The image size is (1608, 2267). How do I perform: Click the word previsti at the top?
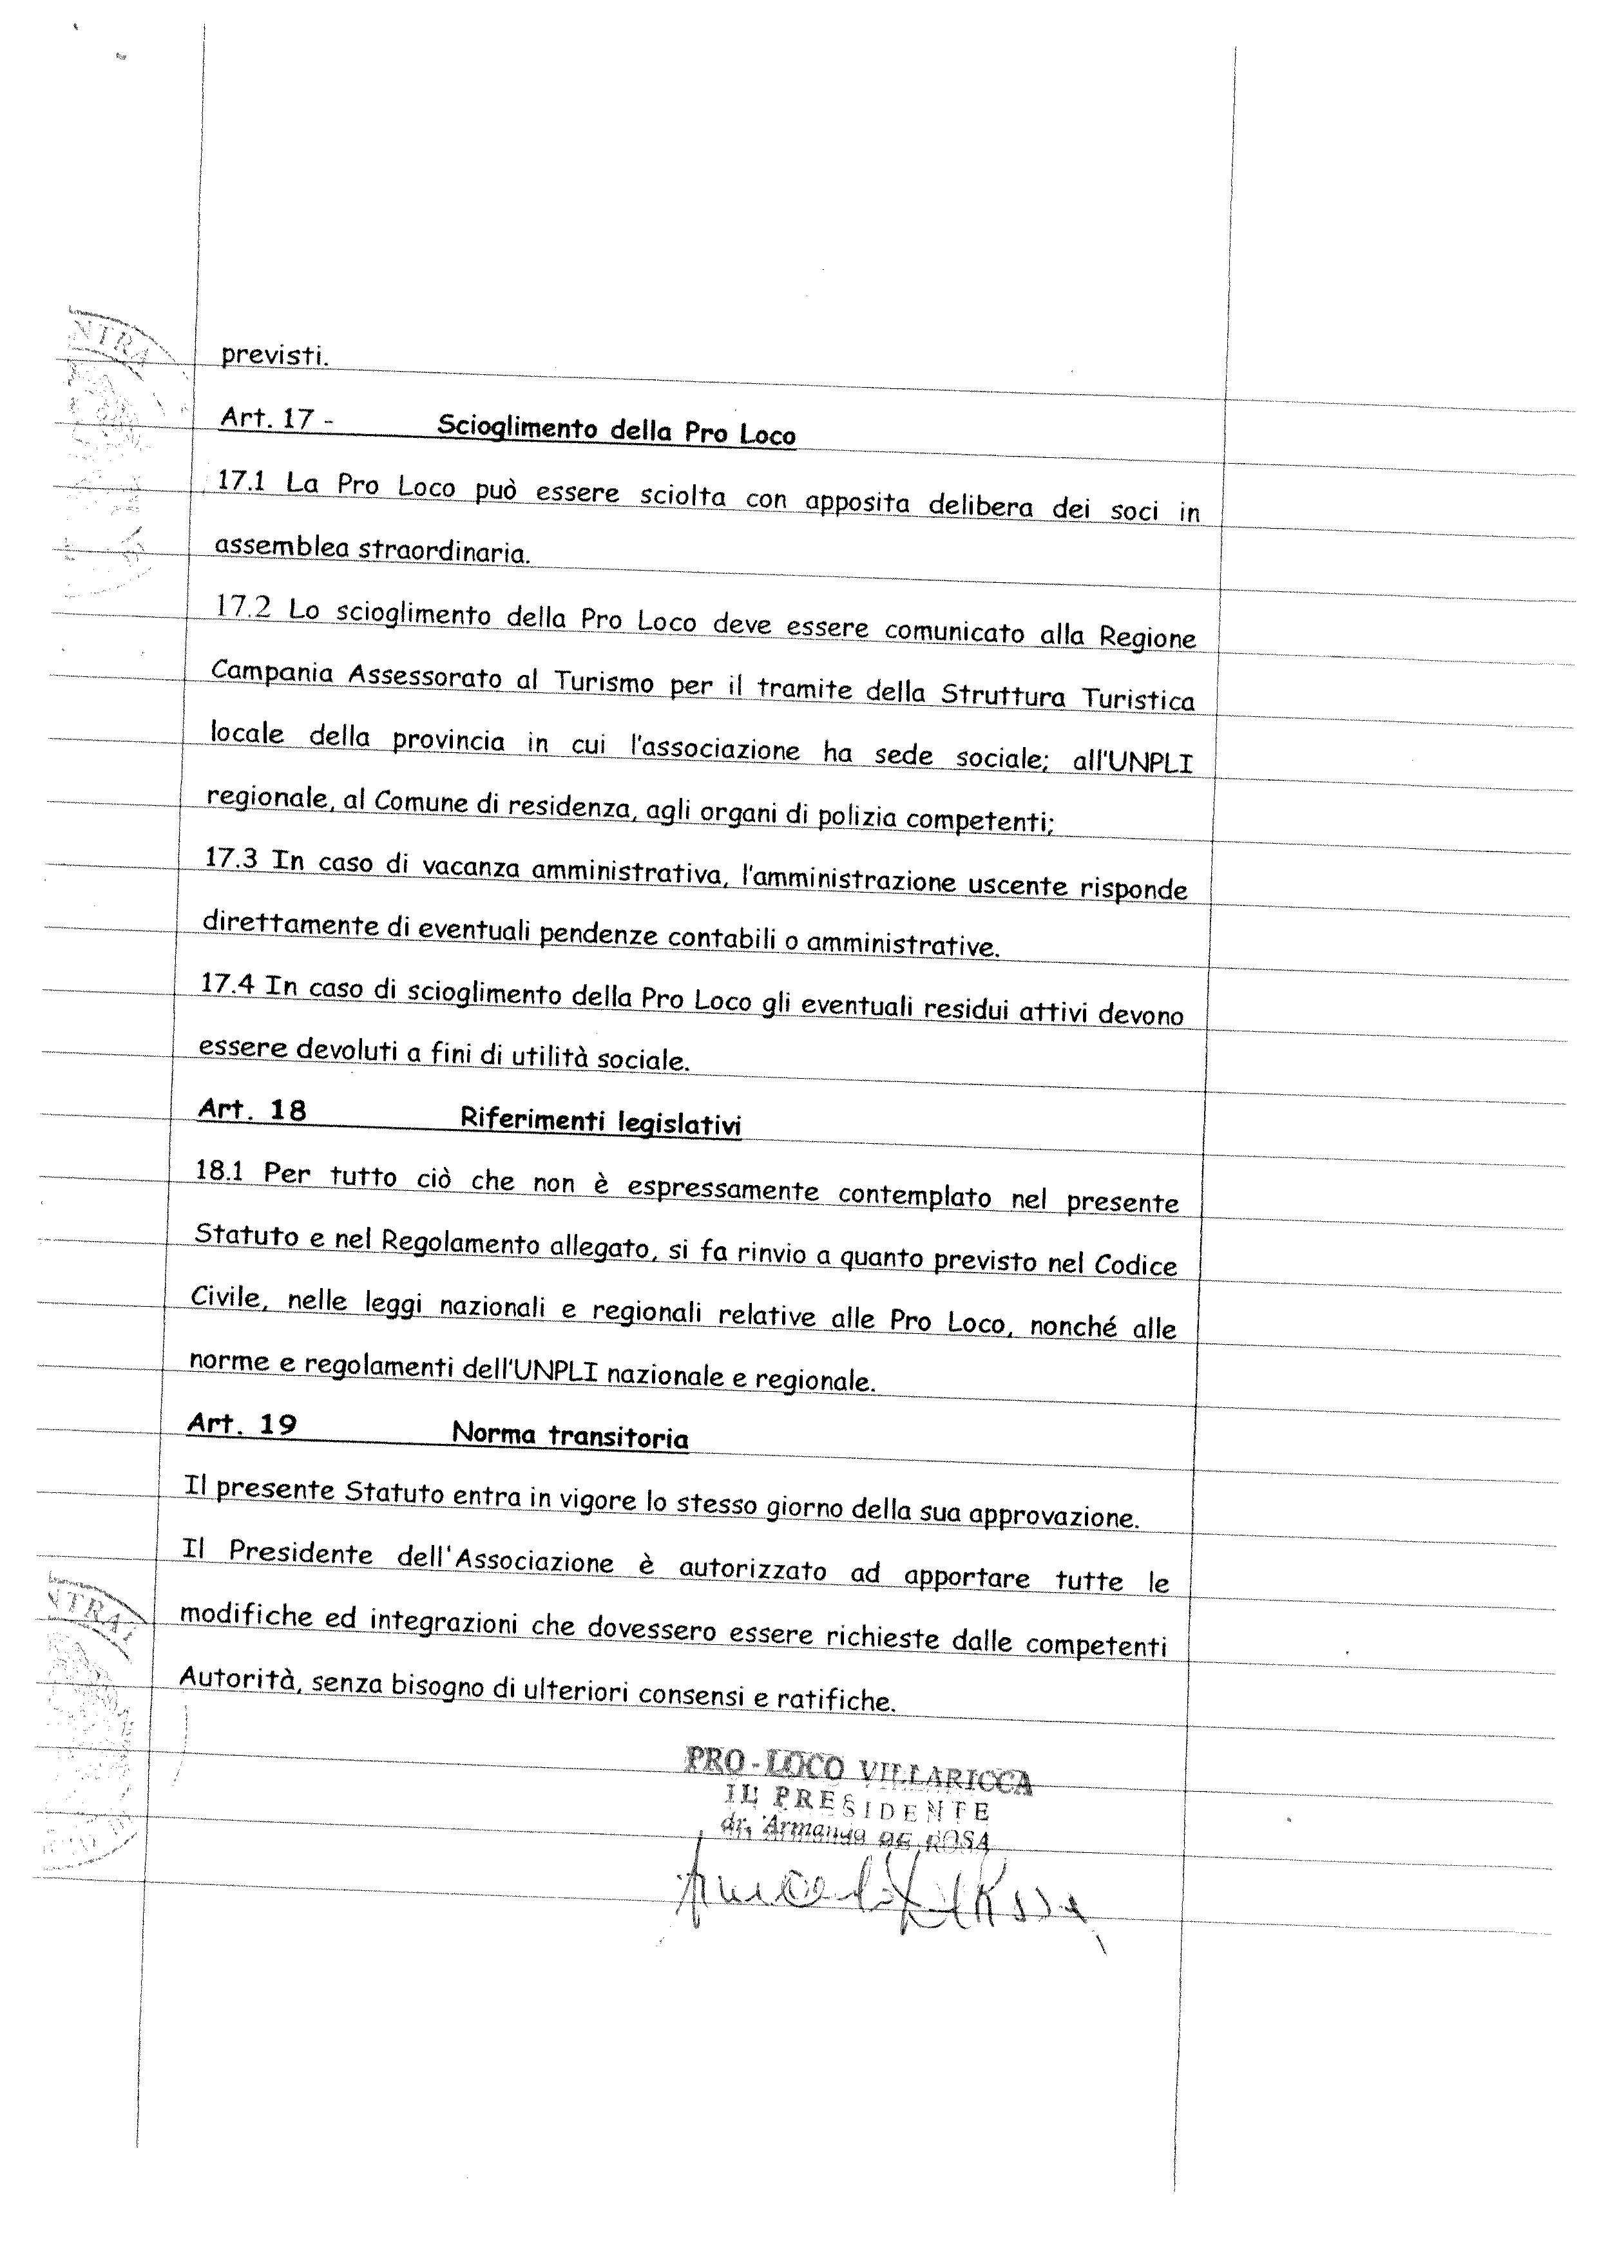click(273, 354)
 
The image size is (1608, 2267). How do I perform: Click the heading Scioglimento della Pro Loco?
click(616, 431)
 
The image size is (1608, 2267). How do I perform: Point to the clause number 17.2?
click(243, 606)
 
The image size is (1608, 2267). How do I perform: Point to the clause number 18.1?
click(219, 1170)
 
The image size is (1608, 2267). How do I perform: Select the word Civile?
click(227, 1297)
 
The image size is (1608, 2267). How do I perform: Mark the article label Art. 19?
click(242, 1423)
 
